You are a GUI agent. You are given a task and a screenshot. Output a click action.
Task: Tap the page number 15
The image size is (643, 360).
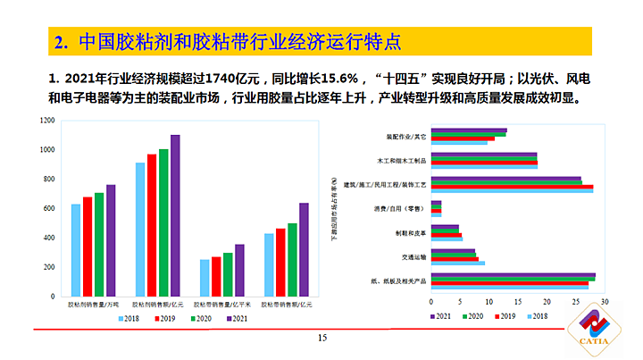322,338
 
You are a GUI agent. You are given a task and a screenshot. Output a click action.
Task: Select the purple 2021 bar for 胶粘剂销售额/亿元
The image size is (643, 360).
175,216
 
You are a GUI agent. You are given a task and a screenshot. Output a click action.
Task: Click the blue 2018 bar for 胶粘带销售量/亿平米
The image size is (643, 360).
205,278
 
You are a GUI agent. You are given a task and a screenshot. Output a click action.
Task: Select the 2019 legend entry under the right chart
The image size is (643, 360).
506,316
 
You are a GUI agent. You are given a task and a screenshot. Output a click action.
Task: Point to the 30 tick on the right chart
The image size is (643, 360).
605,301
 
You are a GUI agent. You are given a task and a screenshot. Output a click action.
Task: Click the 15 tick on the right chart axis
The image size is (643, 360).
518,301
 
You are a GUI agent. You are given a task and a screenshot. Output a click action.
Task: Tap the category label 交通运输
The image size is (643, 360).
413,257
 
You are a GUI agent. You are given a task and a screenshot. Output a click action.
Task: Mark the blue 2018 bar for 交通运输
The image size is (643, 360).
457,264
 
